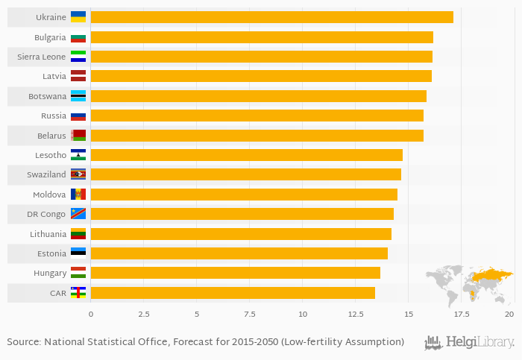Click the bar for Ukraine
coord(271,17)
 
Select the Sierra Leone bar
coord(261,57)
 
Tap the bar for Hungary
coord(235,273)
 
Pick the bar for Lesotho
coord(246,155)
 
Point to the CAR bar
coord(233,293)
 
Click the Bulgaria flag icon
coord(78,37)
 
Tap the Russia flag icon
coord(78,116)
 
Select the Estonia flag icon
coord(78,253)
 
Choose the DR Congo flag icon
coord(78,214)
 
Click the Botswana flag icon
coord(78,96)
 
